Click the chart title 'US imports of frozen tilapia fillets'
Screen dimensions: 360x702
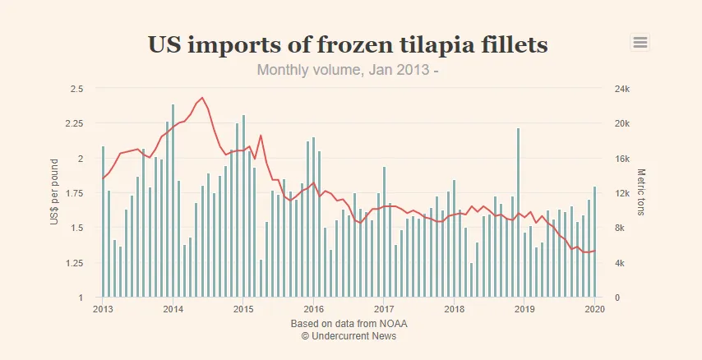(348, 44)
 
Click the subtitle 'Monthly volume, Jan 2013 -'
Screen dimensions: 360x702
(348, 70)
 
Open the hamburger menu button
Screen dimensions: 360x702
(640, 43)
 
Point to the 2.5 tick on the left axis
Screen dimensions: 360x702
(76, 89)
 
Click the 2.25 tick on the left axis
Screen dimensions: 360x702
(74, 123)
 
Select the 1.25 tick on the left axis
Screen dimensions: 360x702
(74, 263)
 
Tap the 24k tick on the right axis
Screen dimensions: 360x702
(622, 89)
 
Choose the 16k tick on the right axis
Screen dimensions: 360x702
(622, 159)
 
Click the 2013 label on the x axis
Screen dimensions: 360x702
(103, 309)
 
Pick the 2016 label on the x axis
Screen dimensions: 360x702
(313, 309)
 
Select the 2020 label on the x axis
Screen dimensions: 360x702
(594, 309)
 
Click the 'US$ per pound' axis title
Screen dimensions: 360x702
(54, 192)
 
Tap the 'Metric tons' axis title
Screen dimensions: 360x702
(642, 192)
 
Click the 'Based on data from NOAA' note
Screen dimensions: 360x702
(349, 324)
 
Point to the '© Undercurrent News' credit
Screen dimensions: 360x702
(349, 336)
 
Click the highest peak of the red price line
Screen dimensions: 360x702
(202, 98)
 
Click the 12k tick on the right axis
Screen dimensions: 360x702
(622, 193)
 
